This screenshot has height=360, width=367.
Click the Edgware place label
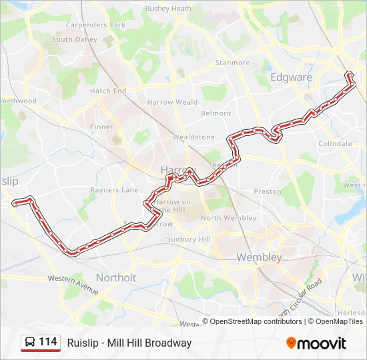(291, 77)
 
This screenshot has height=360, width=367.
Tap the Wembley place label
(259, 257)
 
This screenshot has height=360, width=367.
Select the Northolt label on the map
(116, 277)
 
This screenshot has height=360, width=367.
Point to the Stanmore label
(232, 63)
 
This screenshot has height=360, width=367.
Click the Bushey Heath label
(168, 9)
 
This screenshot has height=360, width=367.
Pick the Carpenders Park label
(95, 25)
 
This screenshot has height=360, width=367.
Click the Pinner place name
(101, 127)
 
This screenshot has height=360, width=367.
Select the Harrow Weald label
(173, 103)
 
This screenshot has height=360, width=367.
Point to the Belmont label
(216, 114)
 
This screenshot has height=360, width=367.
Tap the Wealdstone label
(194, 137)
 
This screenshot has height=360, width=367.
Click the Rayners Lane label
(114, 190)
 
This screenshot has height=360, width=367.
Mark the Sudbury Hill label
(189, 239)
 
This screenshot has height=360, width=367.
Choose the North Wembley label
(228, 218)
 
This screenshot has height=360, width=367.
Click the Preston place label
(268, 191)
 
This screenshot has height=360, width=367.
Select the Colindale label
(335, 144)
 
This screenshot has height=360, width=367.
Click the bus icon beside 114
(30, 343)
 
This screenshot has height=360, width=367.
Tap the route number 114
(48, 342)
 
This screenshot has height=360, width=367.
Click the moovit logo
(316, 343)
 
